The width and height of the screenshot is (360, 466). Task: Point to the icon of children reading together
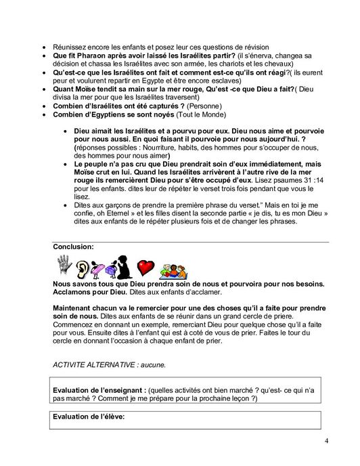click(173, 269)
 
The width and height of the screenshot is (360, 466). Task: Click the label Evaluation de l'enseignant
click(99, 391)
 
